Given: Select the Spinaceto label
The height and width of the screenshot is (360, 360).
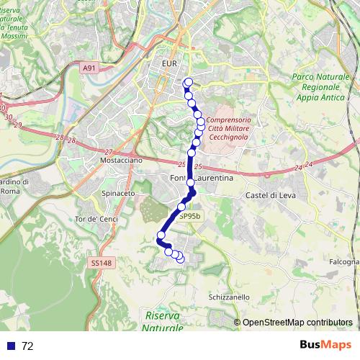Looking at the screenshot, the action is (119, 194).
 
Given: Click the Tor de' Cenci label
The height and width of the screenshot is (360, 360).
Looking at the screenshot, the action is (95, 218).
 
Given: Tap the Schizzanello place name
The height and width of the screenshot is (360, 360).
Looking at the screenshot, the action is (228, 297).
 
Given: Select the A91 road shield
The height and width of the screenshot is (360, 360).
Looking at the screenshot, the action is (89, 68).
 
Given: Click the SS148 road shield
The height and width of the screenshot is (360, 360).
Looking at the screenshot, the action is (102, 264).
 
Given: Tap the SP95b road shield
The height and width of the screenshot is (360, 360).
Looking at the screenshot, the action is (190, 215).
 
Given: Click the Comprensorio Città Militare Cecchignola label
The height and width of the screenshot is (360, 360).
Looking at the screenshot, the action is (228, 127).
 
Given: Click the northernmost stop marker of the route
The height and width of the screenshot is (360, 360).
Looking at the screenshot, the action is (189, 82).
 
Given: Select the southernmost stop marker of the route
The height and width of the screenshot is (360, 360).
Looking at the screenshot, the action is (180, 258).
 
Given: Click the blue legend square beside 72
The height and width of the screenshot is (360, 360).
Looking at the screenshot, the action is (11, 346).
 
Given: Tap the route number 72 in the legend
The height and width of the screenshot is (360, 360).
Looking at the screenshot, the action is (27, 346).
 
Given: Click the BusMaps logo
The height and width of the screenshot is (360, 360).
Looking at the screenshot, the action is (325, 345).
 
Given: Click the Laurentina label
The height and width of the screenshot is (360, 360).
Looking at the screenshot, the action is (212, 179).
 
